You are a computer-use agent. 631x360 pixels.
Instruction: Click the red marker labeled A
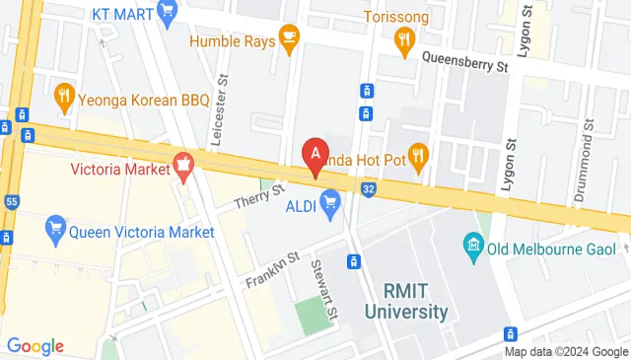click(x=315, y=156)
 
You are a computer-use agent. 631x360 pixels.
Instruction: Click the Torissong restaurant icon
click(x=403, y=39)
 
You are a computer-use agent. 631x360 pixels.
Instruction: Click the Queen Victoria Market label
click(x=142, y=233)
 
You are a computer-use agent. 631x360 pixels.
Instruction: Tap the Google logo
click(x=35, y=345)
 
